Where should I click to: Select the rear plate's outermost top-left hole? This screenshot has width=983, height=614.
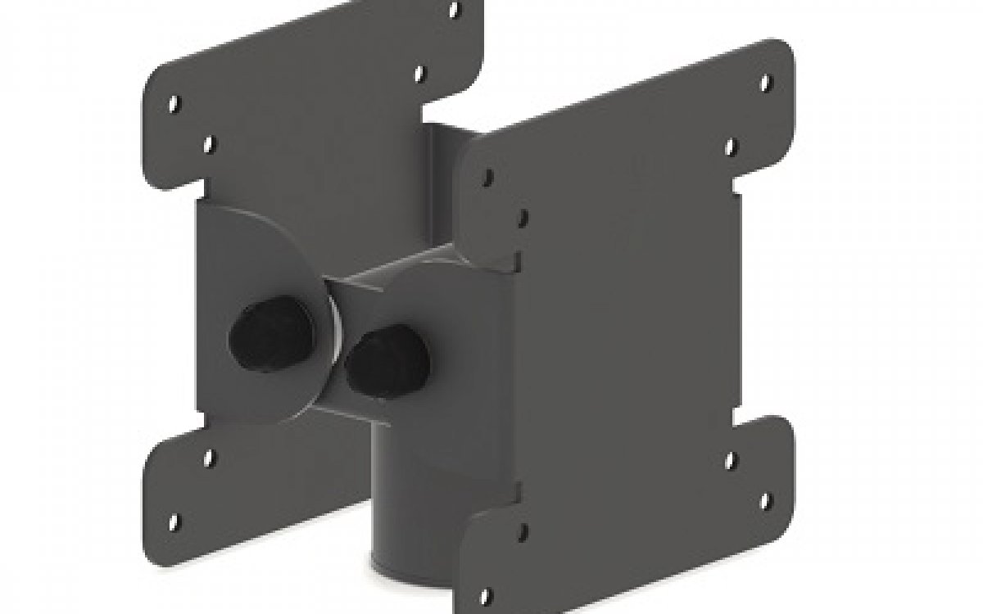point(174,104)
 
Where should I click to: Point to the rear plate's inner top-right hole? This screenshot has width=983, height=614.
point(419,74)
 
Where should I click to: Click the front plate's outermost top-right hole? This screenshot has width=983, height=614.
point(767,83)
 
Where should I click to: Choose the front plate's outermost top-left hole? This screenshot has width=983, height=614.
point(488,176)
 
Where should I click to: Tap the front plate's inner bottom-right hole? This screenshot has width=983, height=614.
point(732,458)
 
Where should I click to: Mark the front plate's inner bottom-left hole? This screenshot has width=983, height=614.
point(523,530)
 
